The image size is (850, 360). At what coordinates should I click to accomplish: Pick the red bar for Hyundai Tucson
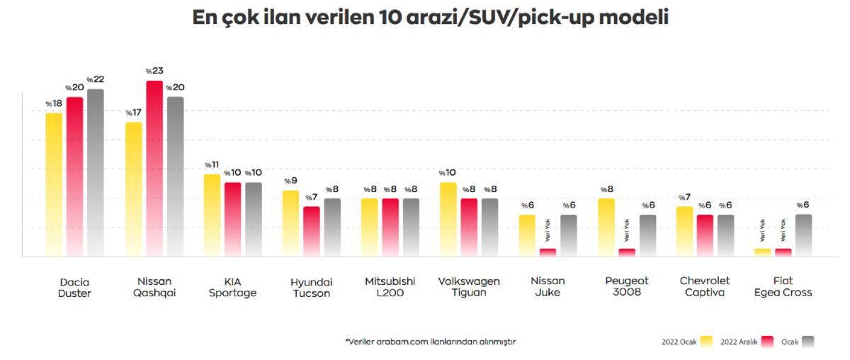click(x=312, y=231)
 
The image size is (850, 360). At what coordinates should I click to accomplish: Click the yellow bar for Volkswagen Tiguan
click(x=448, y=219)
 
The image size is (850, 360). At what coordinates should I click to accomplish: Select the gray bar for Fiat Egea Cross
click(x=803, y=235)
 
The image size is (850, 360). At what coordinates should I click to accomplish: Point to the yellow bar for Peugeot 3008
click(x=606, y=227)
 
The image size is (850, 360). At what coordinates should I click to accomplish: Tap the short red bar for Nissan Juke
click(x=548, y=252)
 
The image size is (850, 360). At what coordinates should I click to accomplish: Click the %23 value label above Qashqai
click(x=154, y=72)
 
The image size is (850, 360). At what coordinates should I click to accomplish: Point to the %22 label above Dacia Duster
click(x=96, y=79)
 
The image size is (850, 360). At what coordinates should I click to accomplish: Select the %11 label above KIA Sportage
click(x=212, y=165)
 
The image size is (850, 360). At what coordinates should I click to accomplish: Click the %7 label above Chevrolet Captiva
click(x=684, y=198)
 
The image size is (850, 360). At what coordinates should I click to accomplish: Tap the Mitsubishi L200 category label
click(x=390, y=287)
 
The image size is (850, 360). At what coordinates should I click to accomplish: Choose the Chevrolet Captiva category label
click(x=704, y=287)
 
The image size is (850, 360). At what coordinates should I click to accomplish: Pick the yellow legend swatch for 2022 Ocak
click(x=706, y=342)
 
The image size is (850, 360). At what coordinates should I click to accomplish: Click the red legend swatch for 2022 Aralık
click(x=767, y=342)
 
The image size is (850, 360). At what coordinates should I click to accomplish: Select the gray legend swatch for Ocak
click(x=808, y=342)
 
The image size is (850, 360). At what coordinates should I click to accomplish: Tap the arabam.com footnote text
click(x=431, y=342)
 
